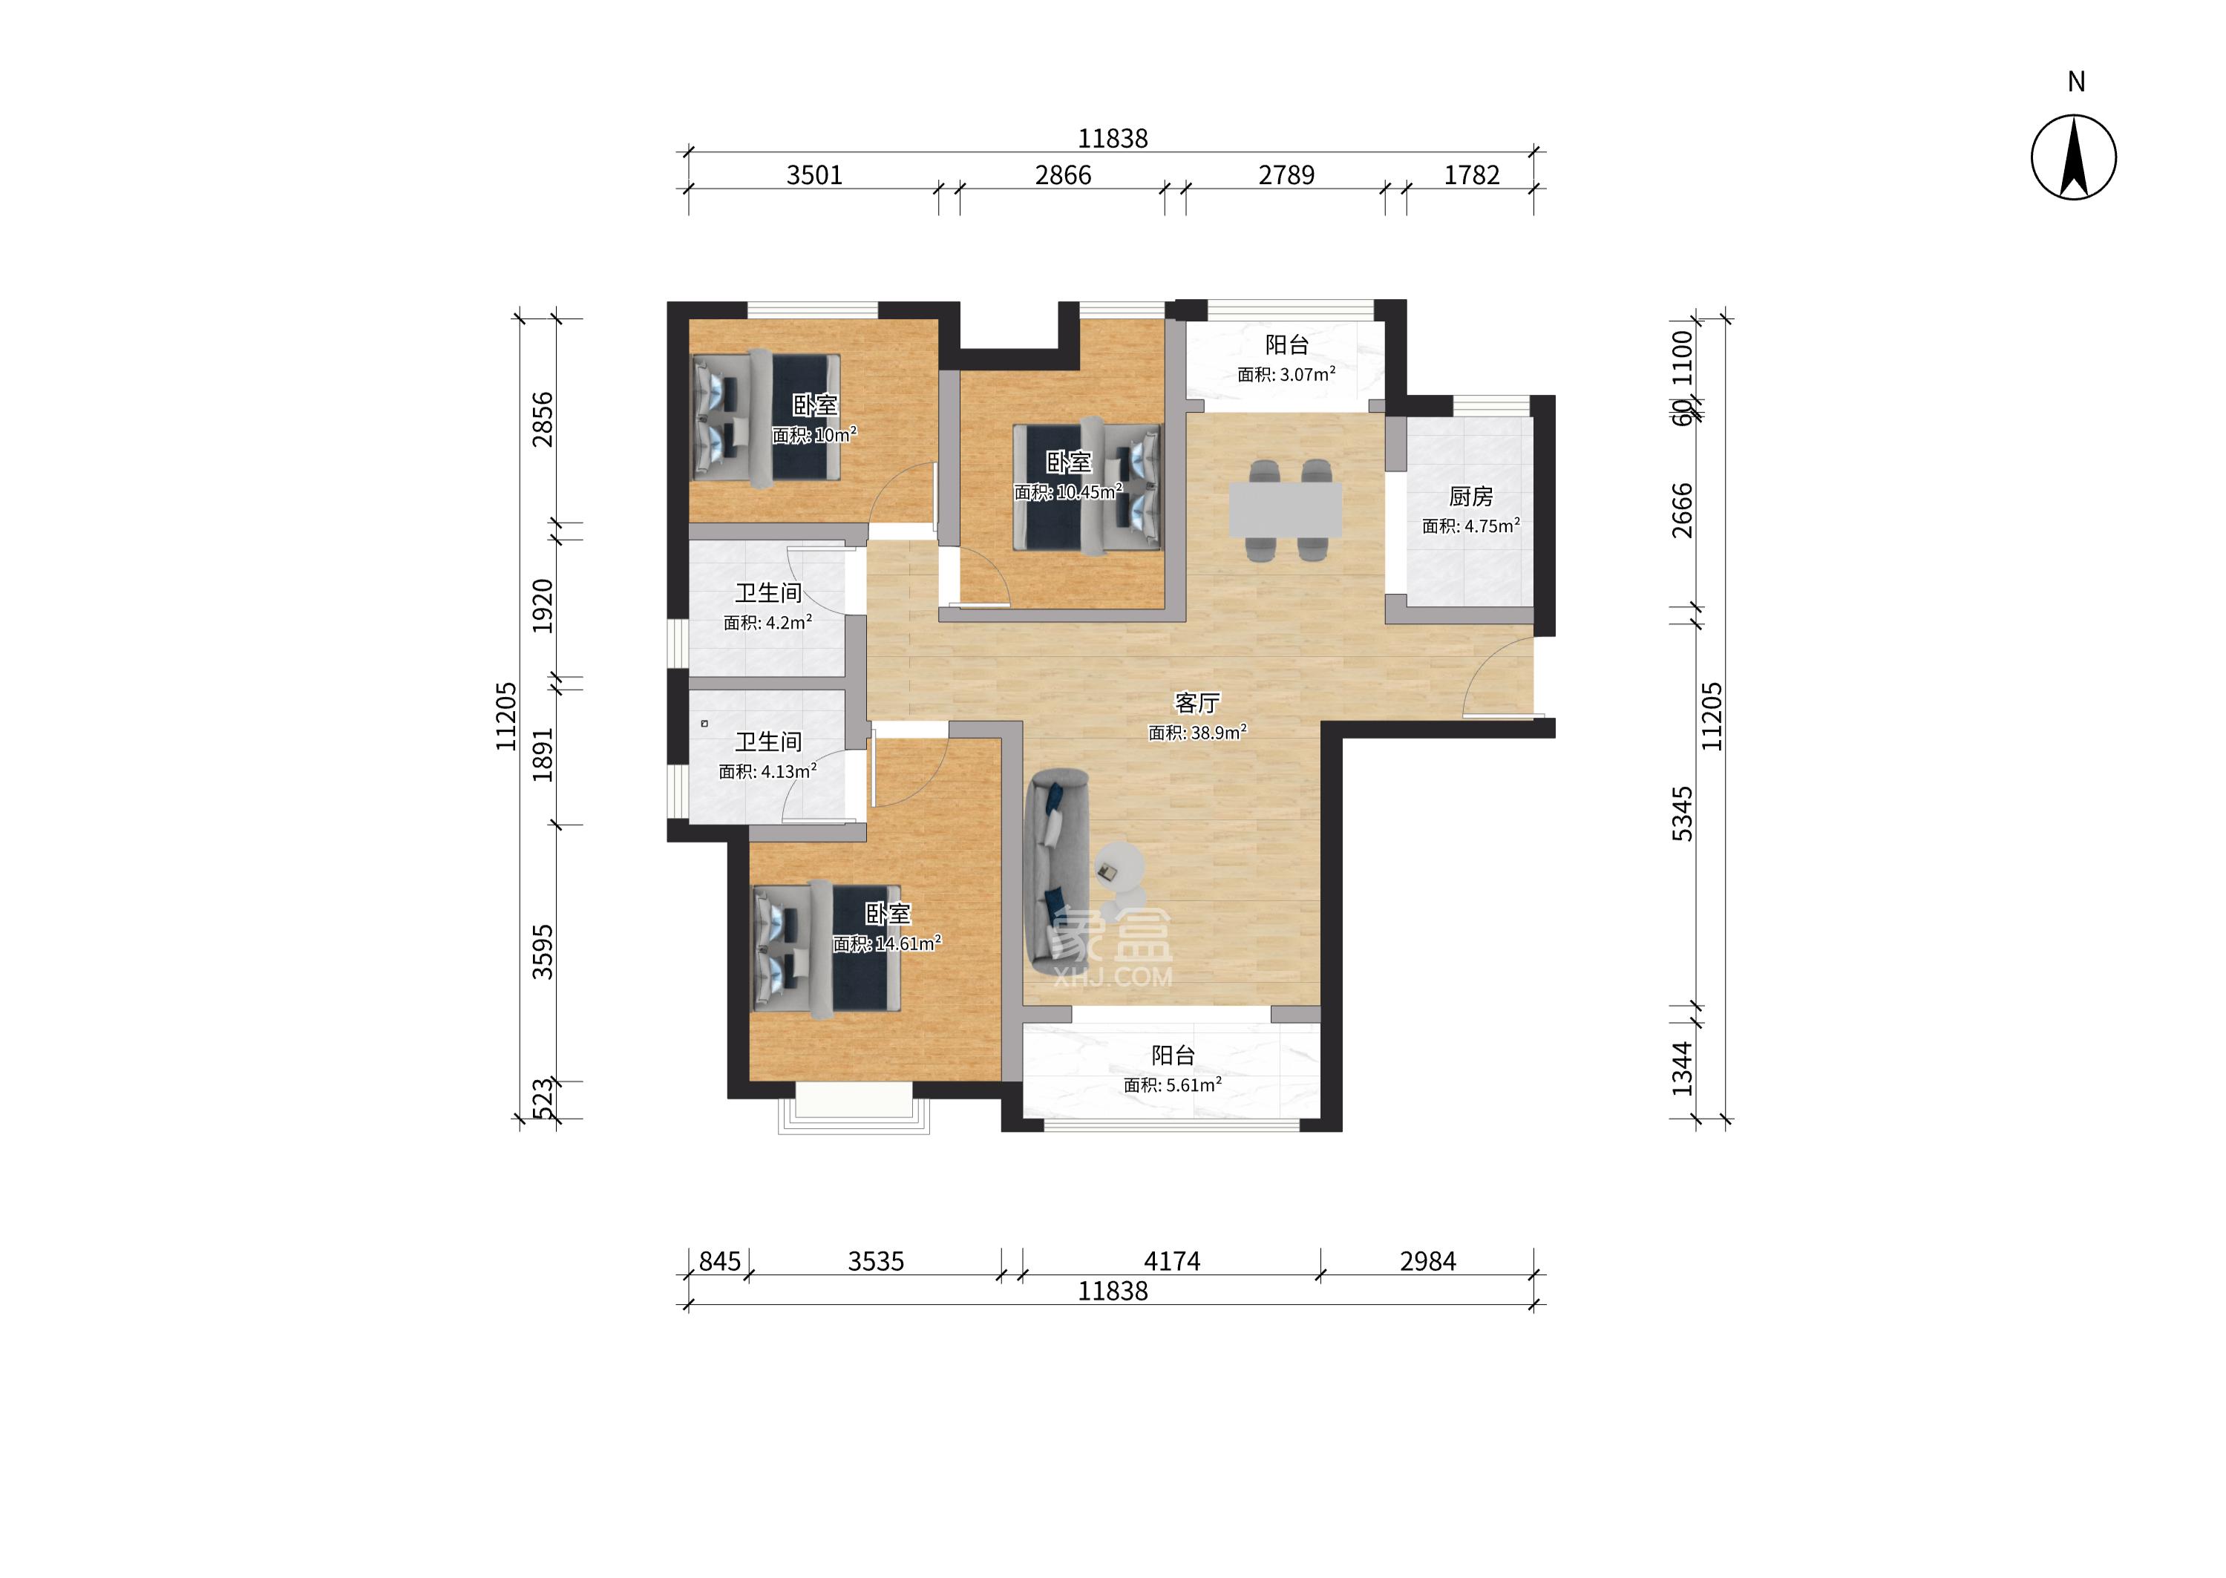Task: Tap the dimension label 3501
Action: pyautogui.click(x=814, y=175)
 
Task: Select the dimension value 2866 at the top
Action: pyautogui.click(x=1063, y=175)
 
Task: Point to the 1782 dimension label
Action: pyautogui.click(x=1472, y=175)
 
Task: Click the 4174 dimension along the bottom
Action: pyautogui.click(x=1172, y=1261)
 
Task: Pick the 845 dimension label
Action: pyautogui.click(x=720, y=1261)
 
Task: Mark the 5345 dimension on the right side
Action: pyautogui.click(x=1682, y=814)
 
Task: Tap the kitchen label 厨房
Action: pyautogui.click(x=1470, y=497)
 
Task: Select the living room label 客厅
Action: pyautogui.click(x=1197, y=702)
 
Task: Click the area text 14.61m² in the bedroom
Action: pyautogui.click(x=909, y=943)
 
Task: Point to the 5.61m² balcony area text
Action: pyautogui.click(x=1195, y=1084)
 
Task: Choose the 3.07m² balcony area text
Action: pyautogui.click(x=1309, y=374)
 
